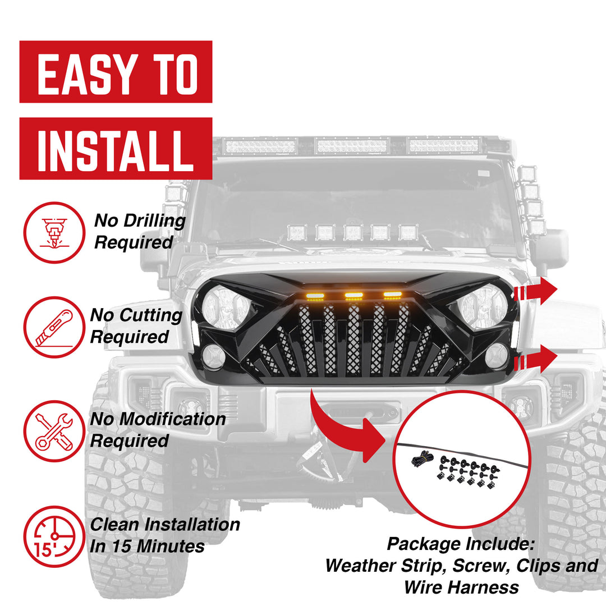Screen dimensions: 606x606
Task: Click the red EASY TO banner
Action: coord(116,72)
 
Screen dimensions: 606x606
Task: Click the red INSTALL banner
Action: coord(116,148)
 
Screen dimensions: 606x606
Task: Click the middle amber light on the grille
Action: coord(353,295)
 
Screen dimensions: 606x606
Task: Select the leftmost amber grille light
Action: coord(315,296)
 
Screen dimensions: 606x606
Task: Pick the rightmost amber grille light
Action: coord(392,294)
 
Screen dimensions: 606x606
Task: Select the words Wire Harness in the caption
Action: coord(461,587)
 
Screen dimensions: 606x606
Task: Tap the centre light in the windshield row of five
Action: coord(353,232)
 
